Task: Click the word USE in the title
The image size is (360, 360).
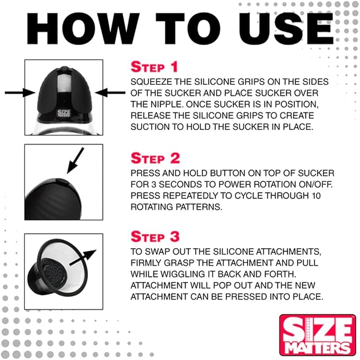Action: [x=286, y=29]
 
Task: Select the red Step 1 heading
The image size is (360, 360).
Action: [x=154, y=67]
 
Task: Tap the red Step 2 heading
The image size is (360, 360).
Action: [x=155, y=158]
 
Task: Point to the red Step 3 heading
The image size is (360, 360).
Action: [x=155, y=236]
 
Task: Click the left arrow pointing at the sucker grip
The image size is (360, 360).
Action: [x=20, y=93]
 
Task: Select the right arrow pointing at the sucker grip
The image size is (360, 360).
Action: [x=110, y=93]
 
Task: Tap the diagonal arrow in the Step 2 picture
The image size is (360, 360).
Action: [x=75, y=161]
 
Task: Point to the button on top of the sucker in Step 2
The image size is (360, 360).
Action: [x=62, y=181]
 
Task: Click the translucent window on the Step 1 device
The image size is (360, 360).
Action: [x=65, y=83]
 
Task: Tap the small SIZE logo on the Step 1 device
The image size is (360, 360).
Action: [x=64, y=113]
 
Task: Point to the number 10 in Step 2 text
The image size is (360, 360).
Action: [x=316, y=196]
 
